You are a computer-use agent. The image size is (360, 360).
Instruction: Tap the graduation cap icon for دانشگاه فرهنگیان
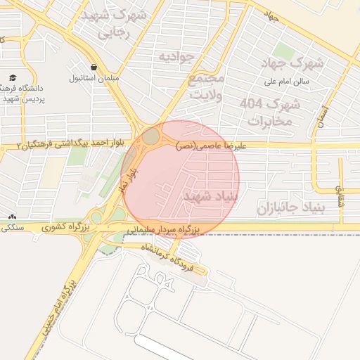click(x=13, y=77)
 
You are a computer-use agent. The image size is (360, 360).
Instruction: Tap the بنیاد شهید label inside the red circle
click(x=210, y=195)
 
